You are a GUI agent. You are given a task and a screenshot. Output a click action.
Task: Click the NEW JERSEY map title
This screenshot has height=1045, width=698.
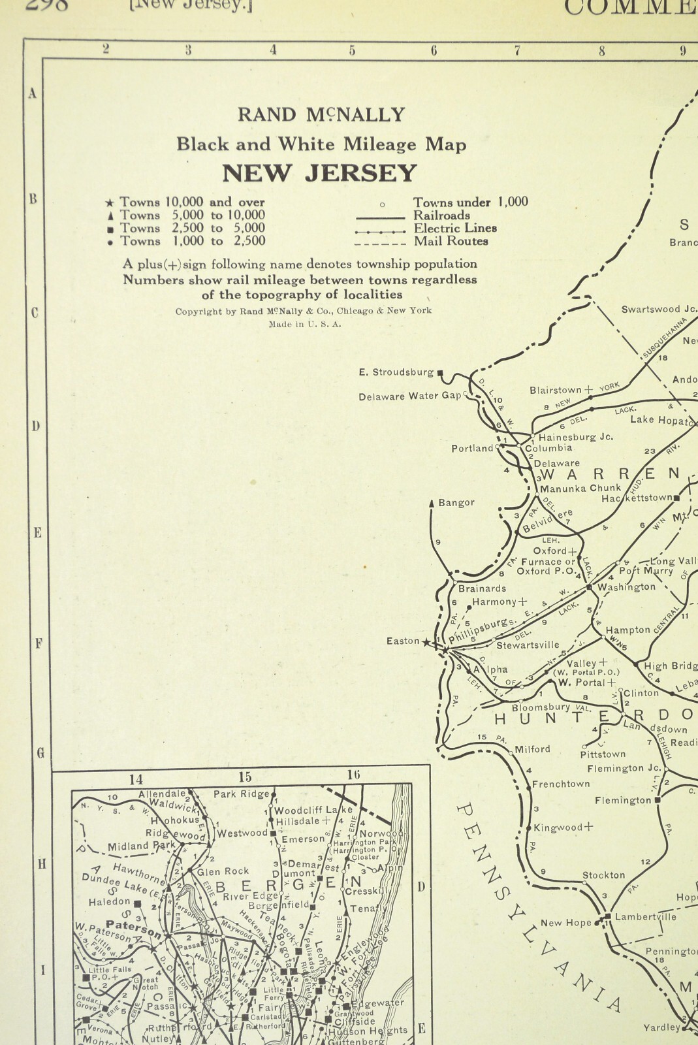click(319, 174)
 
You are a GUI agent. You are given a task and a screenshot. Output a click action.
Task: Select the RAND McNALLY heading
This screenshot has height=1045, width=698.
click(321, 115)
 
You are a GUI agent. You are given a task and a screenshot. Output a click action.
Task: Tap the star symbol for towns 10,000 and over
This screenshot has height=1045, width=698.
click(110, 202)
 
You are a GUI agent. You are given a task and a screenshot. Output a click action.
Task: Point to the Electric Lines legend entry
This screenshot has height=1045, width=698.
click(455, 228)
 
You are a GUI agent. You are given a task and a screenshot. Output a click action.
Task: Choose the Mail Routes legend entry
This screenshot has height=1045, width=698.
click(451, 241)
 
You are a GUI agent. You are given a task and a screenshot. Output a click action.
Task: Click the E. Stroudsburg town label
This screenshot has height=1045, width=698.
click(396, 372)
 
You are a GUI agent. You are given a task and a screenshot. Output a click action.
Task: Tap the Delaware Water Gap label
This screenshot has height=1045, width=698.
click(409, 396)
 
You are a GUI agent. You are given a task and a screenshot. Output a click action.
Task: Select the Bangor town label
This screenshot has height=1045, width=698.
click(456, 503)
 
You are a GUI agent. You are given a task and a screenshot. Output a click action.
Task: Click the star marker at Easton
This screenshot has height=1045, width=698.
click(427, 642)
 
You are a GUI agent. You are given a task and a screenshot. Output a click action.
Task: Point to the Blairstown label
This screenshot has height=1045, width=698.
click(555, 391)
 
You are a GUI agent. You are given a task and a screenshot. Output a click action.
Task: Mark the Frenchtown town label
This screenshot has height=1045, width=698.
click(560, 784)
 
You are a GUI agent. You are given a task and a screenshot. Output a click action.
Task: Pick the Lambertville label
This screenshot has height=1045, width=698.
click(645, 917)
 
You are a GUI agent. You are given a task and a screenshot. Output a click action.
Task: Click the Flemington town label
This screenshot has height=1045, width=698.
click(622, 800)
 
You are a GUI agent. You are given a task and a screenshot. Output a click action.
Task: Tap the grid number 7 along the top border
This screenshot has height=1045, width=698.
click(517, 50)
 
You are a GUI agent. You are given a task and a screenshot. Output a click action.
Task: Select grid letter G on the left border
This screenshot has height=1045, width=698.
click(40, 753)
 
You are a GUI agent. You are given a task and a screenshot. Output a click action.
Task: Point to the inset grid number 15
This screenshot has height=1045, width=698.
click(245, 777)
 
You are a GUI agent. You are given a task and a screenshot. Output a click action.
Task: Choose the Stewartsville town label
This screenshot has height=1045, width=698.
click(528, 645)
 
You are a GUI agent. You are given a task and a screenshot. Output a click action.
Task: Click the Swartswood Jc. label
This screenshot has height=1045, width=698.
click(659, 310)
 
